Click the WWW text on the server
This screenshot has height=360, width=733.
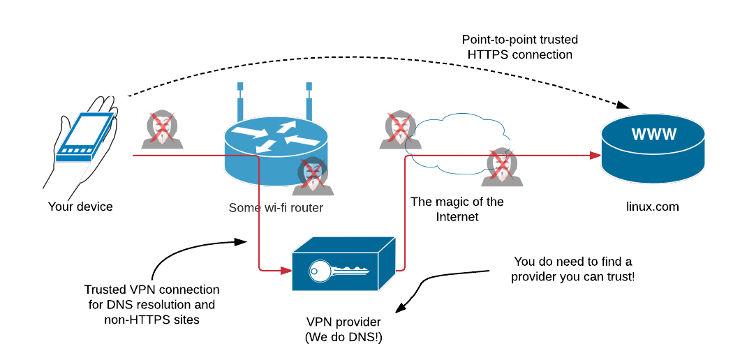click(x=653, y=135)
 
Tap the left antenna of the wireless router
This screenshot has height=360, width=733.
click(x=240, y=105)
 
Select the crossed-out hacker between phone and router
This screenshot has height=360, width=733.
click(x=162, y=130)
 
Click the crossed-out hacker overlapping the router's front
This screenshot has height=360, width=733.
click(x=313, y=176)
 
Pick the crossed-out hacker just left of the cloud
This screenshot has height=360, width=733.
click(x=400, y=130)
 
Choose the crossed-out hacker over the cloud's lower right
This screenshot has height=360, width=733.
click(x=502, y=167)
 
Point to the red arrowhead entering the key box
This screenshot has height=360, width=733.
click(x=286, y=271)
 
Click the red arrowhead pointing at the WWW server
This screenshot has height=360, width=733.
click(x=595, y=156)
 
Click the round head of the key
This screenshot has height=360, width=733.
click(x=320, y=271)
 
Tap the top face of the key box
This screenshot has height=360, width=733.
click(x=343, y=244)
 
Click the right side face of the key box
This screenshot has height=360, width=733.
click(x=387, y=263)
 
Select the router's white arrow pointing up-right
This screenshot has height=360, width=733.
click(x=286, y=127)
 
